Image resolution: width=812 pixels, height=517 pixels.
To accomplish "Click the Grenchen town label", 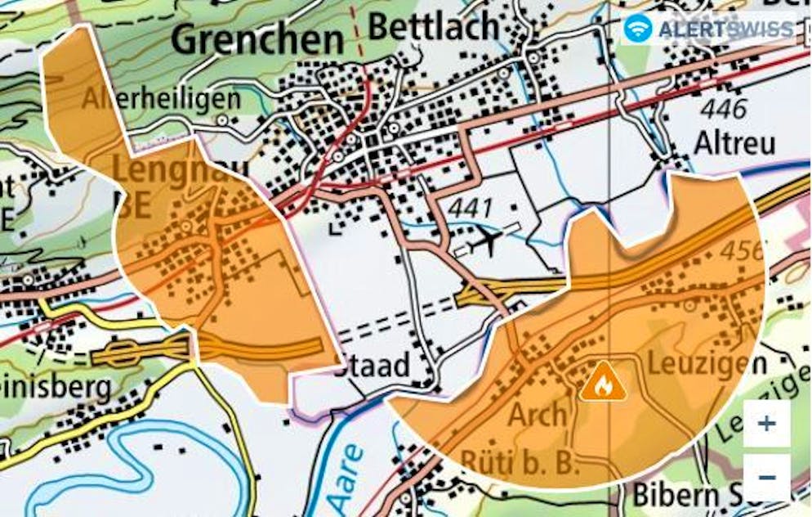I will [258, 38].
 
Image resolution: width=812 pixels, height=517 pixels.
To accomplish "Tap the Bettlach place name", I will [434, 26].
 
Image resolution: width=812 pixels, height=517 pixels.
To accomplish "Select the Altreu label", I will [734, 143].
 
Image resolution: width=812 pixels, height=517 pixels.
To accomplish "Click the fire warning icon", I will [603, 381].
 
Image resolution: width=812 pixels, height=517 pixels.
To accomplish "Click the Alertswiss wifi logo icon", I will [638, 29].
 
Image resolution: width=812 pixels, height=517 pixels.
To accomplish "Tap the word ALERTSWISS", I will [725, 29].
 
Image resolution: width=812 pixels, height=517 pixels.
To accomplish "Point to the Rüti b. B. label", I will [520, 464].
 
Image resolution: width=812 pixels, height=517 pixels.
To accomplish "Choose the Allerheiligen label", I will [161, 99].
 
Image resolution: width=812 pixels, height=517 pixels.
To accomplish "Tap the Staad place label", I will [373, 366].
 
